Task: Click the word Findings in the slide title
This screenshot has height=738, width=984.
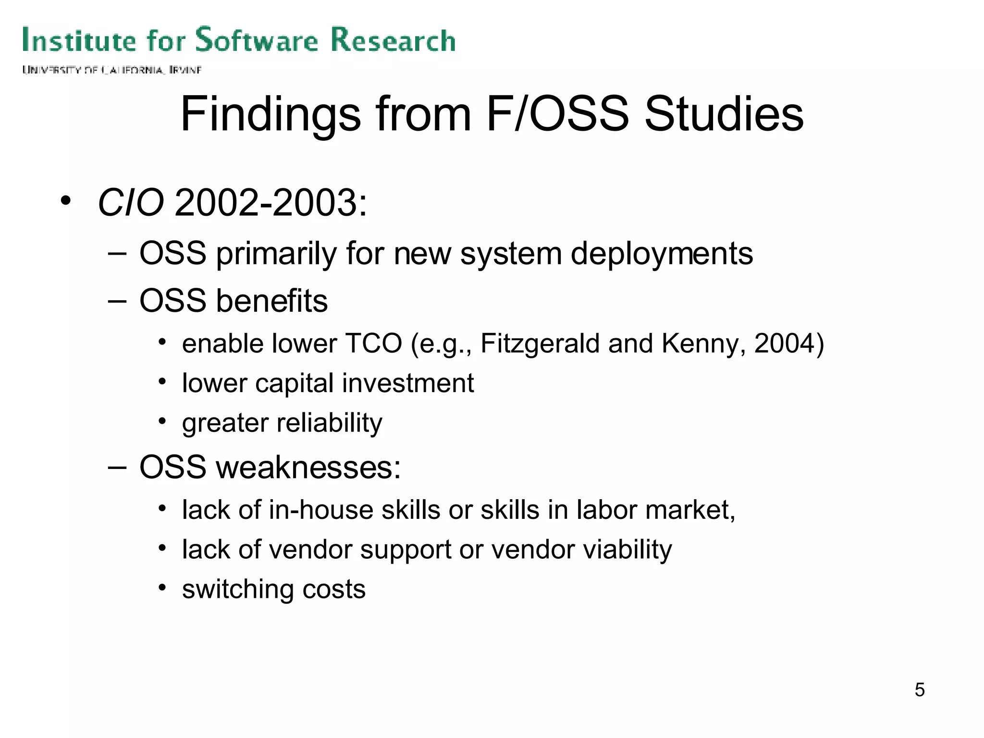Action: coord(271,114)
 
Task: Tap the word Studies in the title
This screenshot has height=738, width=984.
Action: coord(724,114)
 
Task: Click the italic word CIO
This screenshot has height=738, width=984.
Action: coord(131,203)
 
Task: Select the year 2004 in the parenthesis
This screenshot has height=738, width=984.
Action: coord(784,344)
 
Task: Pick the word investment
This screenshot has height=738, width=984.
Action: coord(407,383)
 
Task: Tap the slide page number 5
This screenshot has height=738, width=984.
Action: coord(919,690)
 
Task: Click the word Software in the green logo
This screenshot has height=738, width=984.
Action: coord(257,40)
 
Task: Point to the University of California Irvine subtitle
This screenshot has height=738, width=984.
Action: coord(111,70)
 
